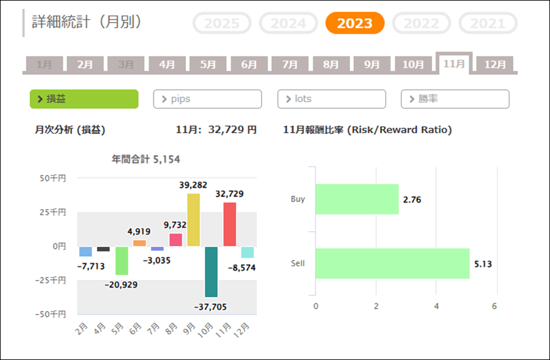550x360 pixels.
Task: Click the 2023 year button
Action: (354, 23)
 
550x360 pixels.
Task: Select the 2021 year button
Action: (488, 23)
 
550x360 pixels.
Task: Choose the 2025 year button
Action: (222, 23)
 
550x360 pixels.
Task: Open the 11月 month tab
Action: (453, 64)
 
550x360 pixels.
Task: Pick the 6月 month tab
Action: (249, 64)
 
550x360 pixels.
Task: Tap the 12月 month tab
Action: (495, 64)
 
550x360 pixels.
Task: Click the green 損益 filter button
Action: (84, 99)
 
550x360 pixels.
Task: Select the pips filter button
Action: (207, 99)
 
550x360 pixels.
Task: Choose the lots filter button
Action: (331, 99)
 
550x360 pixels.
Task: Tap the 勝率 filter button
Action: (455, 99)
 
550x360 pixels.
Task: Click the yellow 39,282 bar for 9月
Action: (193, 220)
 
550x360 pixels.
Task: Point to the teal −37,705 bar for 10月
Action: (211, 271)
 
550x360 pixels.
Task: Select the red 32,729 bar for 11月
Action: (230, 224)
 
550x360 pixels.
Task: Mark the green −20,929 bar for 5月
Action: (122, 260)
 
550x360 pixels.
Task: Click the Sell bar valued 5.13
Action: (392, 264)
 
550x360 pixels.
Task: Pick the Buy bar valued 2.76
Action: (357, 199)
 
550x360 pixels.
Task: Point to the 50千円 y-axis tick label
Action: (53, 178)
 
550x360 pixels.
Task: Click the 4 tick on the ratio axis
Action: (436, 306)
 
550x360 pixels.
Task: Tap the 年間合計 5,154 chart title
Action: (145, 160)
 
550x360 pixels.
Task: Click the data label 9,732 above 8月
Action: (175, 224)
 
